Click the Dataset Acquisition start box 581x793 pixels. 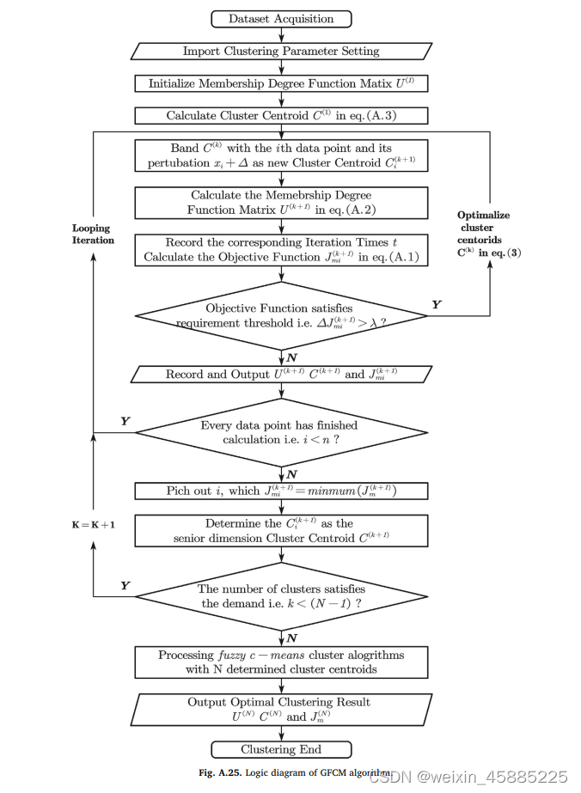[x=281, y=19]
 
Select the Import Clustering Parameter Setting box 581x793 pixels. [x=281, y=52]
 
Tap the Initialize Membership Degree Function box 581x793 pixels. [x=281, y=83]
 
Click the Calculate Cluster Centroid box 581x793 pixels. [x=281, y=116]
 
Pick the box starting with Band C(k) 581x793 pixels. [x=281, y=156]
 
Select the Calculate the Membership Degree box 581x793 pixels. [x=281, y=203]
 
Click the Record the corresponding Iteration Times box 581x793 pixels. [x=281, y=250]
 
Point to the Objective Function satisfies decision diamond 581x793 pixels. [x=281, y=315]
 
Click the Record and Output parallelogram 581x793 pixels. [x=281, y=374]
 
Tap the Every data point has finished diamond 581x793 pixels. [x=281, y=432]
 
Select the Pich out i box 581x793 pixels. [x=281, y=491]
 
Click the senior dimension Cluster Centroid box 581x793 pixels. [x=281, y=530]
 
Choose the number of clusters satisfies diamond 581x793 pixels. [x=281, y=596]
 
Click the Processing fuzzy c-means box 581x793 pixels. [x=281, y=662]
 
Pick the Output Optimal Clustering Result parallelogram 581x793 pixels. [x=281, y=709]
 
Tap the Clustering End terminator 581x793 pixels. [x=281, y=749]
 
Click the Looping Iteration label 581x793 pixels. [x=93, y=235]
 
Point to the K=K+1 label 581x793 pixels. [x=93, y=523]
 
